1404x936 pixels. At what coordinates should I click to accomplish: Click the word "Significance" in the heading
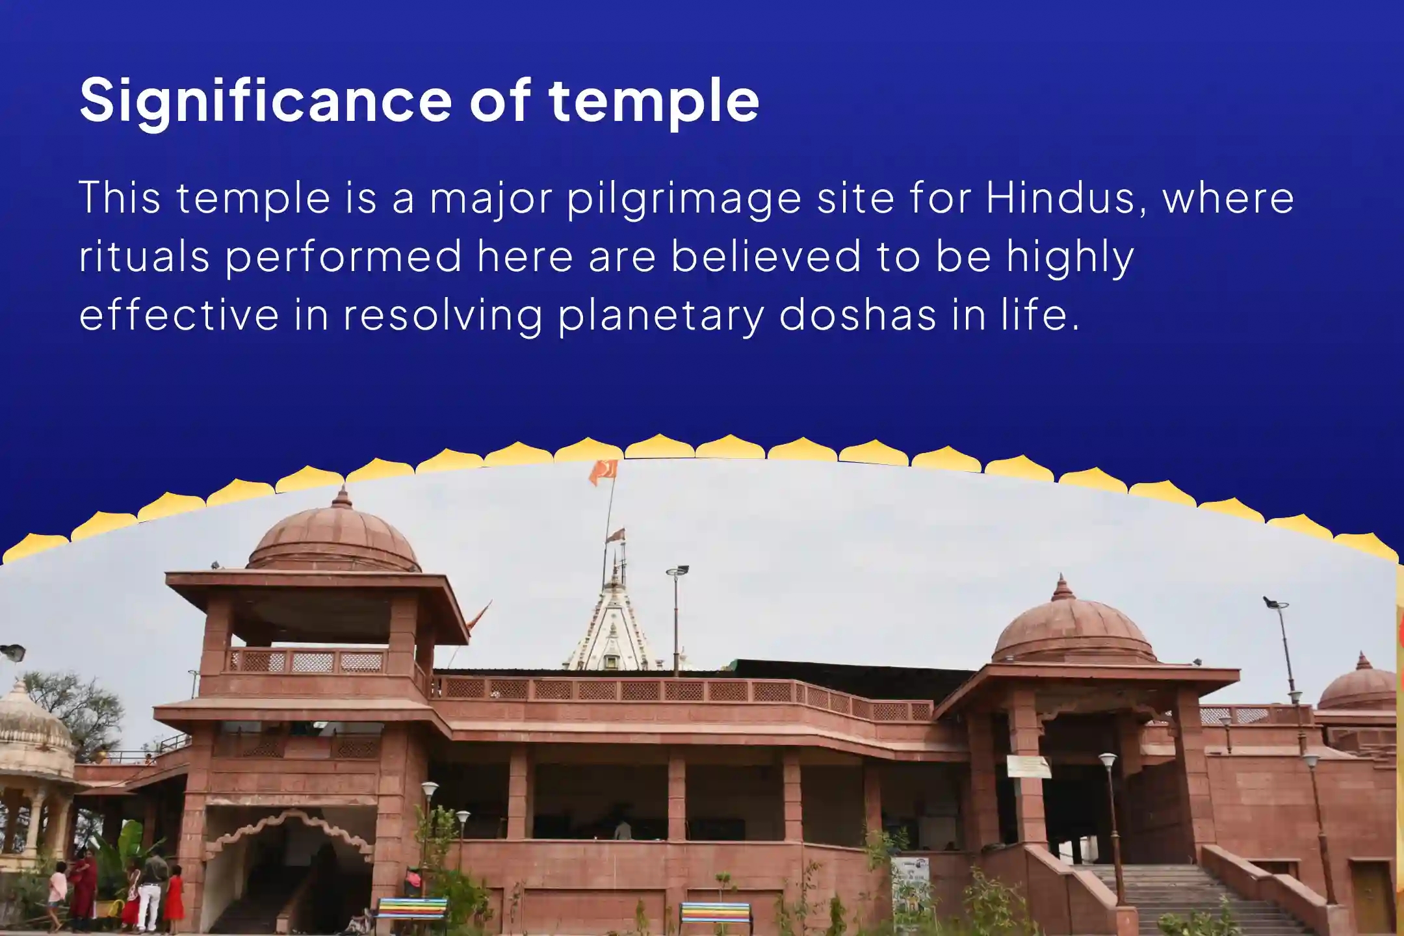[265, 101]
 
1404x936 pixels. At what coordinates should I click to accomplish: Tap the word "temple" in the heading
[654, 101]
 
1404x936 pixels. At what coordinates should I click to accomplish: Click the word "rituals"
[144, 255]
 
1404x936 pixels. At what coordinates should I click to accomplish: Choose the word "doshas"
[857, 313]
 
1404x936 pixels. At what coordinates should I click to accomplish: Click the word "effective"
[179, 313]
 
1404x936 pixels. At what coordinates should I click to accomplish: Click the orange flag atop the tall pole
[603, 472]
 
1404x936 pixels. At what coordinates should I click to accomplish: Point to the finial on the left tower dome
[341, 497]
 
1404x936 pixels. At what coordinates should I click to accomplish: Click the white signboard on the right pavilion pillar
[1028, 767]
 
